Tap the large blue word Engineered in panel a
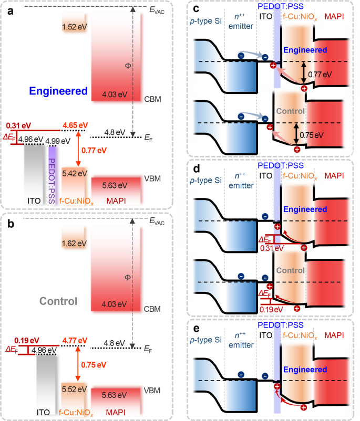[x=44, y=91]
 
